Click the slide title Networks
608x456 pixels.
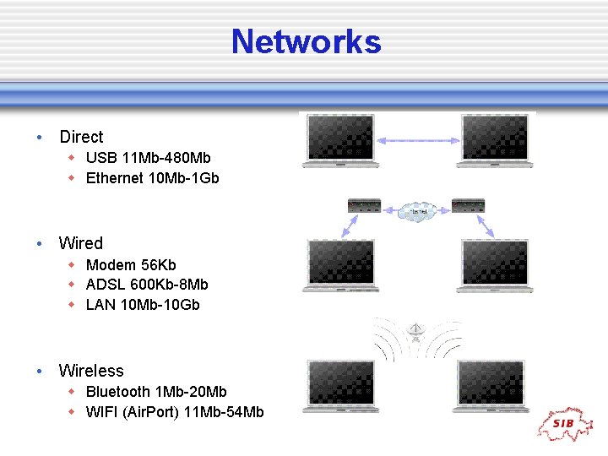tap(306, 41)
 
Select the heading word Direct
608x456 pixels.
tap(81, 137)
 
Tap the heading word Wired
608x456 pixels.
tap(80, 243)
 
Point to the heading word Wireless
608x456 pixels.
tap(90, 371)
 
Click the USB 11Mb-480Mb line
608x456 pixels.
tap(148, 158)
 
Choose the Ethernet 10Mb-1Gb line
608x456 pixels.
tap(152, 178)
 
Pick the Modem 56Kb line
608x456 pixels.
tap(131, 264)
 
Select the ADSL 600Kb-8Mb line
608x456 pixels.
tap(147, 285)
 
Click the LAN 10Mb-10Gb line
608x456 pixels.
tap(143, 305)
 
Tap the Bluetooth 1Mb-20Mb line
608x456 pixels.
tap(156, 392)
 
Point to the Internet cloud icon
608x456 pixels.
tap(416, 210)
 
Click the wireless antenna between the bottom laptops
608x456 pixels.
tap(415, 332)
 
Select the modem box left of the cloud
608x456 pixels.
tap(365, 205)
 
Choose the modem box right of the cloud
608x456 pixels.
tap(468, 205)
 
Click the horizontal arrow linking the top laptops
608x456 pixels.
tap(416, 140)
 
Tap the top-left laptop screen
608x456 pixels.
tap(339, 136)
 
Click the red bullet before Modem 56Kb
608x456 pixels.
tap(73, 264)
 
